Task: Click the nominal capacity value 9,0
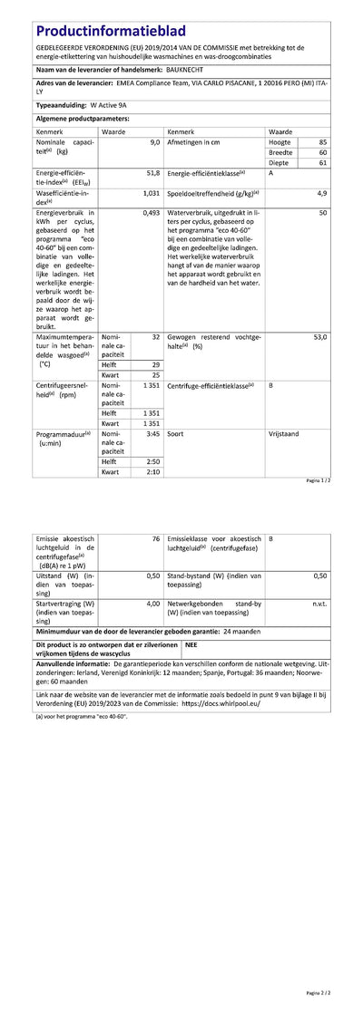pos(154,143)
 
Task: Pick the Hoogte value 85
pos(323,143)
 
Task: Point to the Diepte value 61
pos(323,163)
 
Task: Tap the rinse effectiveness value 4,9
pos(321,193)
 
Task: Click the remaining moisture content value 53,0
pos(319,336)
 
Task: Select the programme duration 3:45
pos(153,434)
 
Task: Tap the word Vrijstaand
pos(287,434)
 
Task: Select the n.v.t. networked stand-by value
pos(319,603)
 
